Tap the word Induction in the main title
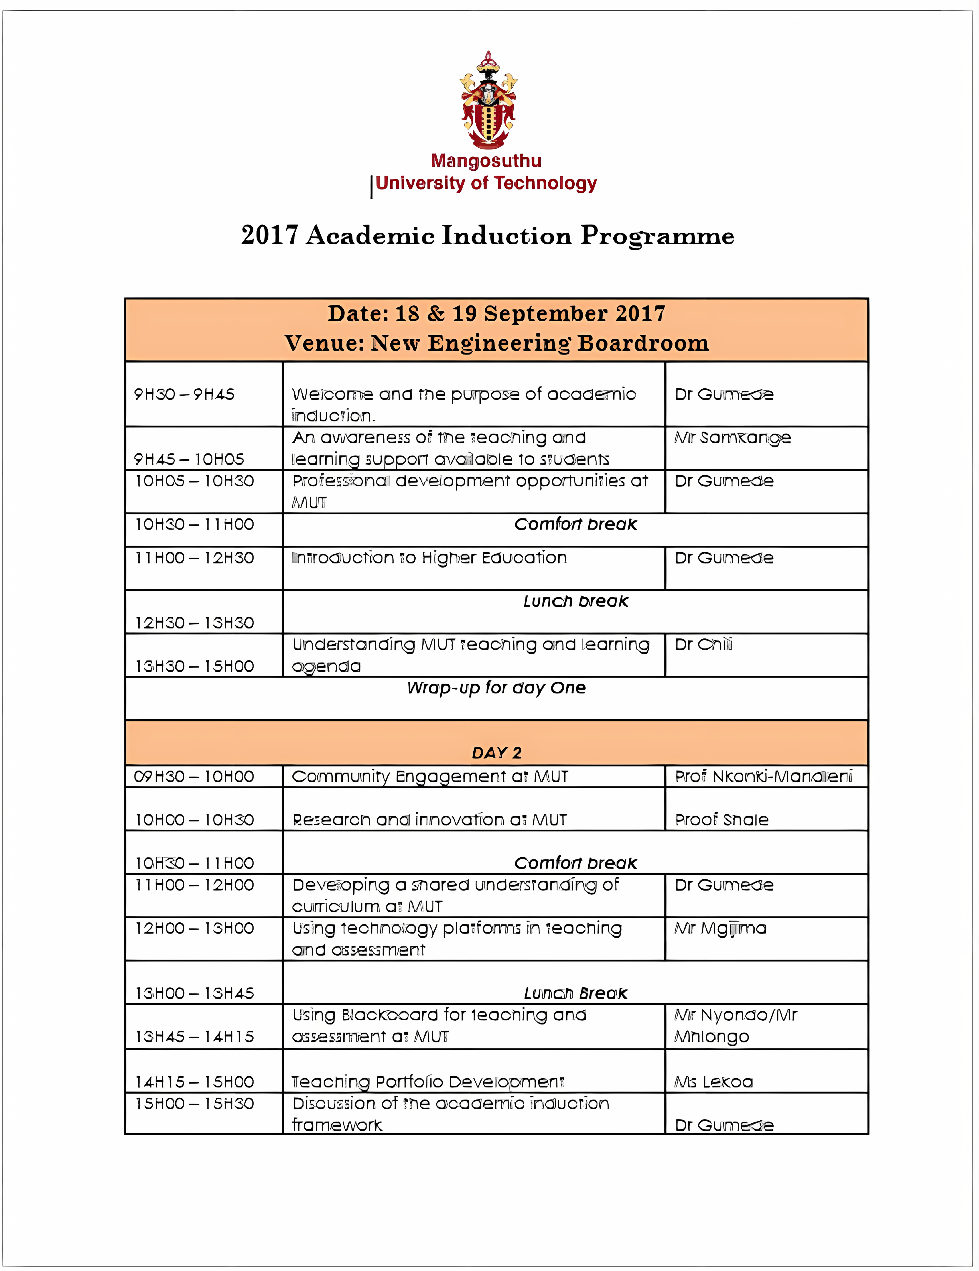tap(506, 236)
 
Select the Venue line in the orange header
tap(497, 343)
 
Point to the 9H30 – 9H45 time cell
tap(184, 395)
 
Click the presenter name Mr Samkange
tap(732, 437)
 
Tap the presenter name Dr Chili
tap(703, 645)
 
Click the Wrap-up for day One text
tap(497, 688)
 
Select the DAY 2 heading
tap(497, 753)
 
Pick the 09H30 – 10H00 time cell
tap(194, 777)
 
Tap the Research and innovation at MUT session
tap(429, 820)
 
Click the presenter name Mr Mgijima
tap(720, 929)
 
